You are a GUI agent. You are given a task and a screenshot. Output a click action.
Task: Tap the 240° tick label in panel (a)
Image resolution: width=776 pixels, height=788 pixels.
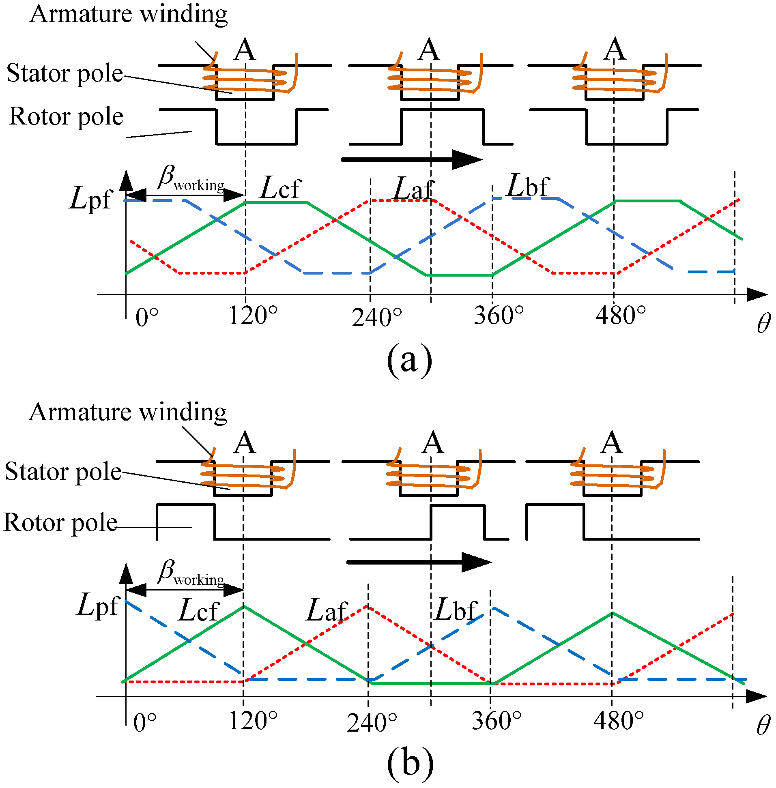pos(376,318)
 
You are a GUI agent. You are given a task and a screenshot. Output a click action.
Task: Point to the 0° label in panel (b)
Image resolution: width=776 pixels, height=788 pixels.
pos(145,723)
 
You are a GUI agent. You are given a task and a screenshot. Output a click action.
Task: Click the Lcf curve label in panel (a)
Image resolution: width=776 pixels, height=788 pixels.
pos(280,188)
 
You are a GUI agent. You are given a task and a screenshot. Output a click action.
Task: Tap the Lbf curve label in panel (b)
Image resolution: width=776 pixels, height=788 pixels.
pos(456,610)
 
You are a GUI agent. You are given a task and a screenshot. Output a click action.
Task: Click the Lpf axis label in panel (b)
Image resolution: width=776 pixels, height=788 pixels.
pos(98,605)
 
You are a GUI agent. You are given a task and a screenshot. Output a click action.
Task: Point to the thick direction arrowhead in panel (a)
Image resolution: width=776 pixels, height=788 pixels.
pos(466,159)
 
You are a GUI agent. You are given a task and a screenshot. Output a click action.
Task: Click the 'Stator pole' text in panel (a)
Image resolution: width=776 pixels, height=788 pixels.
pos(65,74)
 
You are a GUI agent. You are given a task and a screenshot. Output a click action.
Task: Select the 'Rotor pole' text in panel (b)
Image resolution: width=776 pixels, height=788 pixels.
pos(61,523)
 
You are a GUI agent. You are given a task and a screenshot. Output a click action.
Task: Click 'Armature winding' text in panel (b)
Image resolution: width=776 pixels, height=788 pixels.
pos(128,412)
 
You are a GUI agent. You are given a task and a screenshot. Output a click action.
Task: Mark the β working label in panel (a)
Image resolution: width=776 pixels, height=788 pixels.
pos(190,178)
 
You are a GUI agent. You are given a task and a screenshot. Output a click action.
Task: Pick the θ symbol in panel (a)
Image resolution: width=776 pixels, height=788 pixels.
pos(764,324)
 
